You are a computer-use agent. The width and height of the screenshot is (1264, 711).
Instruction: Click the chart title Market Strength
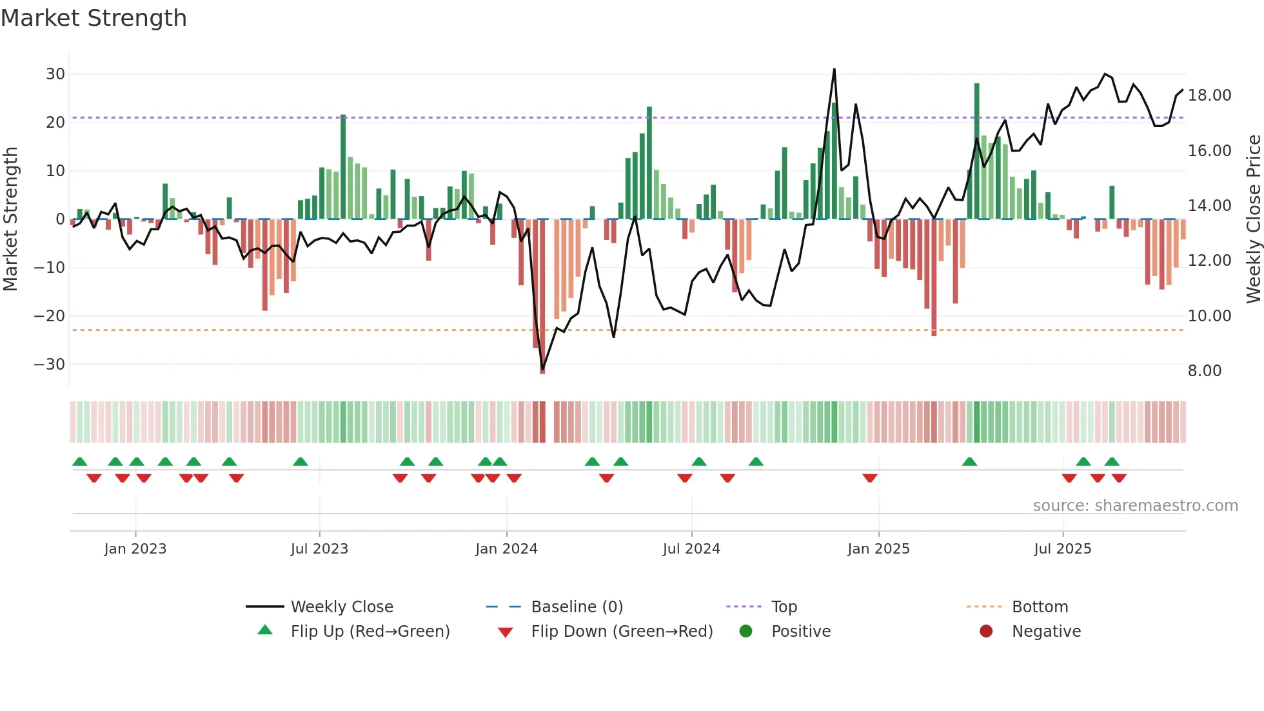click(x=94, y=18)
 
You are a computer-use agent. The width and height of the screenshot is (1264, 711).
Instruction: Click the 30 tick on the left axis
click(x=55, y=74)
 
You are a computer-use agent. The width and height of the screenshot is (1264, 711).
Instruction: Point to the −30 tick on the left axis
click(x=50, y=365)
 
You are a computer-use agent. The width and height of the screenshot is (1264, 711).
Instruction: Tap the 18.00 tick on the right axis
click(x=1209, y=95)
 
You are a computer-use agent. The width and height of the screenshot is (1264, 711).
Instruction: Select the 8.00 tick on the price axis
click(x=1204, y=371)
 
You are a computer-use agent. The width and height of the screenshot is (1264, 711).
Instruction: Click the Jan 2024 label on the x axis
click(x=506, y=549)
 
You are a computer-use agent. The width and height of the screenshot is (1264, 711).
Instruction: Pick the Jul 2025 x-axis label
click(x=1062, y=549)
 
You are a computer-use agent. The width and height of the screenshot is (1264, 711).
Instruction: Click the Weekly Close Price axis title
click(x=1253, y=219)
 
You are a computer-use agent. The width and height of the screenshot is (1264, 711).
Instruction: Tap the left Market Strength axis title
click(x=10, y=219)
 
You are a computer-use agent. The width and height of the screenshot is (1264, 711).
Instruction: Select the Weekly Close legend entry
click(x=342, y=607)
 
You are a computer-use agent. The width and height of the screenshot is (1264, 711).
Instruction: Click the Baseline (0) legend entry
click(x=577, y=607)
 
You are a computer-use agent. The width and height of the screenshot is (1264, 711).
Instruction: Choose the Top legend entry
click(x=784, y=607)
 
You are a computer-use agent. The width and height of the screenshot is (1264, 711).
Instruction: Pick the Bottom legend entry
click(x=1040, y=607)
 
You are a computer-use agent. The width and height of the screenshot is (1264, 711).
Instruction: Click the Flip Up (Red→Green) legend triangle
click(x=265, y=630)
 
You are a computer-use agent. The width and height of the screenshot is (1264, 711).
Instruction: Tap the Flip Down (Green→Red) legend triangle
click(x=506, y=632)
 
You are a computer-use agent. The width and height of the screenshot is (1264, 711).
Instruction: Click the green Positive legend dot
click(x=746, y=631)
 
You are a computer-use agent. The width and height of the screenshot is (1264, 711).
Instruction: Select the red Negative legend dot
click(x=986, y=631)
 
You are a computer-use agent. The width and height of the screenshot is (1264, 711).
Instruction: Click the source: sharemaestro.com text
click(x=1135, y=506)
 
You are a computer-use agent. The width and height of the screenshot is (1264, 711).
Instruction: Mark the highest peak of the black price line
click(x=834, y=69)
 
